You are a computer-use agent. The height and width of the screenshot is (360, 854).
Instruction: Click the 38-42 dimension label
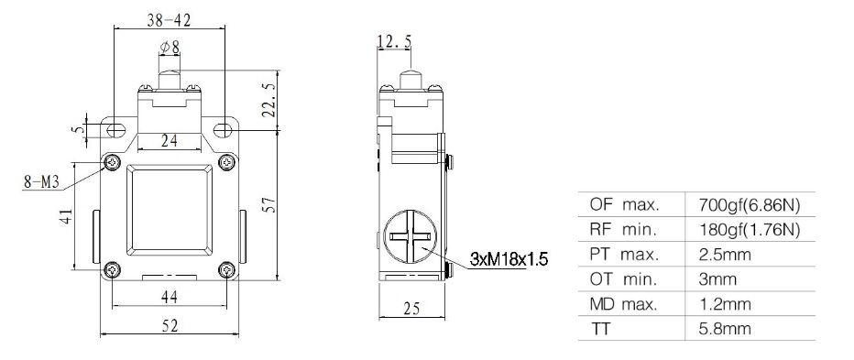pyautogui.click(x=169, y=20)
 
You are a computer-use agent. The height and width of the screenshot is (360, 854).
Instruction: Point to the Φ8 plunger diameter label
pyautogui.click(x=170, y=48)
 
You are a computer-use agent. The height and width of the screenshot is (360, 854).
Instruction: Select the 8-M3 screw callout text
pyautogui.click(x=41, y=182)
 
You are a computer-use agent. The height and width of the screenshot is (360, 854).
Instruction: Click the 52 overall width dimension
pyautogui.click(x=170, y=326)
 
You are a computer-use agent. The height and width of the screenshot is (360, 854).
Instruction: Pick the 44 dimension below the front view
pyautogui.click(x=170, y=297)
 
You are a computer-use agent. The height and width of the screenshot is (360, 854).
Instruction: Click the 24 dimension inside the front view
pyautogui.click(x=170, y=141)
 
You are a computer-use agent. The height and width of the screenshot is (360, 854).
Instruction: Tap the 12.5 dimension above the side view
pyautogui.click(x=394, y=40)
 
